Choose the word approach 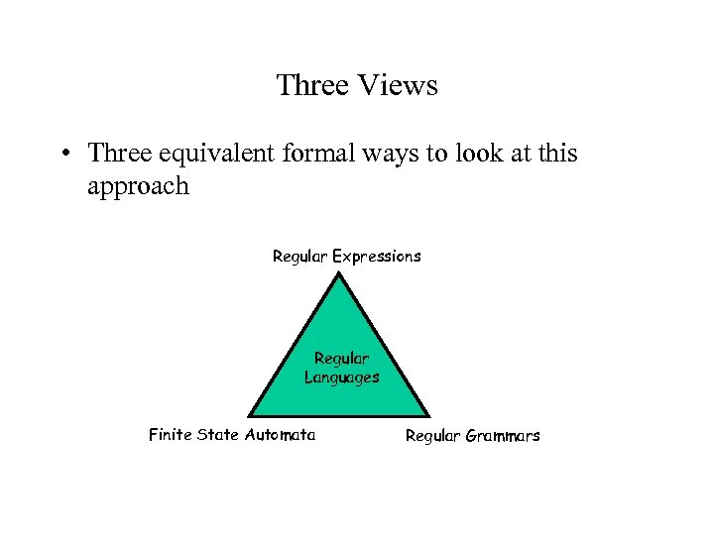click(138, 186)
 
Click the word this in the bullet click(557, 154)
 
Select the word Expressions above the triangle click(377, 257)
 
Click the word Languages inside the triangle click(341, 377)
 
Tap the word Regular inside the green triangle click(341, 359)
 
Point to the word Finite click(171, 434)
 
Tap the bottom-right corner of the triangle click(429, 414)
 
